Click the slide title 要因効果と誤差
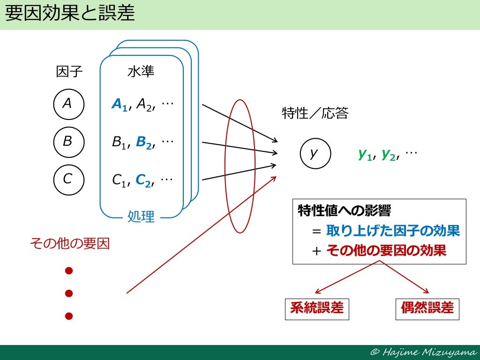pyautogui.click(x=70, y=14)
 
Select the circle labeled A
pyautogui.click(x=68, y=104)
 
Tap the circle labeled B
pyautogui.click(x=68, y=141)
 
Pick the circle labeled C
pyautogui.click(x=68, y=179)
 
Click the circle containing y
pyautogui.click(x=315, y=153)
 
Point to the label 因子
pyautogui.click(x=69, y=72)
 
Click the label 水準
pyautogui.click(x=141, y=72)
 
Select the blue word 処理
pyautogui.click(x=141, y=217)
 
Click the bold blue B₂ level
pyautogui.click(x=144, y=142)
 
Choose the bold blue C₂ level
pyautogui.click(x=144, y=180)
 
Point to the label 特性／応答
pyautogui.click(x=315, y=113)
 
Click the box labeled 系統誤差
pyautogui.click(x=317, y=308)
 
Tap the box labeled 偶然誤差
pyautogui.click(x=427, y=308)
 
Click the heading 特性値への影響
pyautogui.click(x=337, y=211)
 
